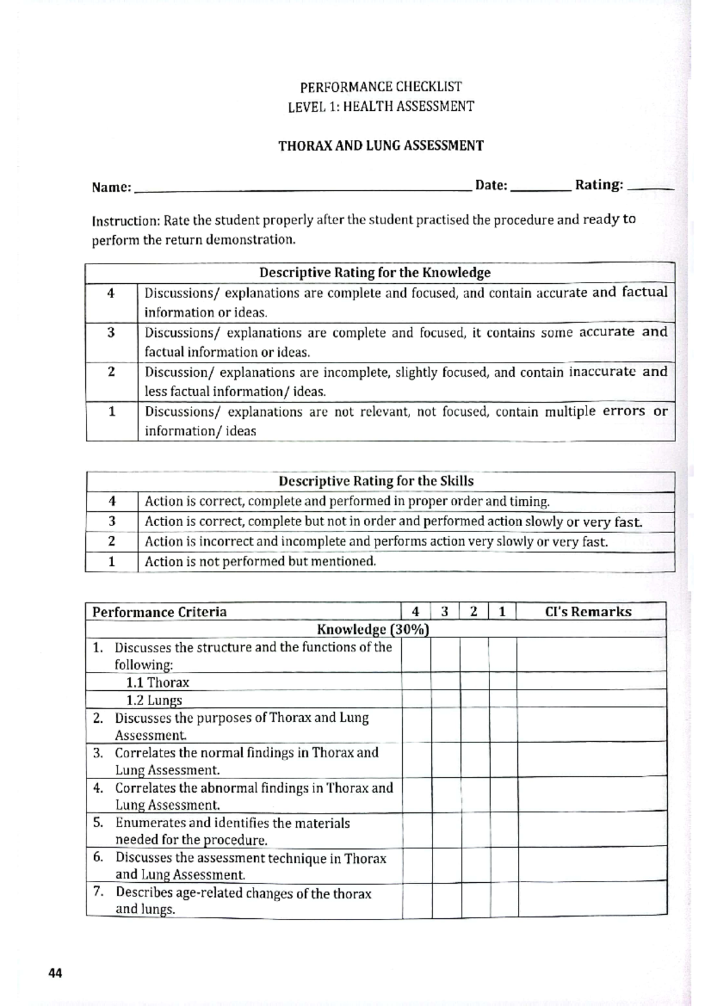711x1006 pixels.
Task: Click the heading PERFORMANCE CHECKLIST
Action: pos(380,87)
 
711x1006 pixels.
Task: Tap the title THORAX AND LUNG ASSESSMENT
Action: pos(381,146)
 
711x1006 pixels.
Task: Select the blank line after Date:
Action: pos(540,187)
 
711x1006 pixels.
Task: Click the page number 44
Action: pos(55,973)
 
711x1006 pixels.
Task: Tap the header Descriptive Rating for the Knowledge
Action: pos(374,273)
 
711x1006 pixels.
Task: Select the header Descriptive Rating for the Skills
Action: pos(376,481)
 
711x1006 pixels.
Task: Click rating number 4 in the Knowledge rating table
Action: pos(111,293)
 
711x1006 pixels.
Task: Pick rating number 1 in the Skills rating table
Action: pos(111,562)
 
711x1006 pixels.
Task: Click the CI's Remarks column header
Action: pos(588,612)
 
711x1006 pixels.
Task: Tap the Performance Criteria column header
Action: pos(159,612)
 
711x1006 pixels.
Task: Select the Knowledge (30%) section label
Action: pos(373,629)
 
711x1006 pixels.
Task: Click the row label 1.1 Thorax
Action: pos(158,683)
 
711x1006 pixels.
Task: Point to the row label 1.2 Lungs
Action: pos(154,700)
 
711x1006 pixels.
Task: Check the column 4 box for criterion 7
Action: pos(417,901)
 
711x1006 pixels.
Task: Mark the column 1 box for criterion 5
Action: pos(504,831)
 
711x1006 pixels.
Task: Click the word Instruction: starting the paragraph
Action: pos(126,221)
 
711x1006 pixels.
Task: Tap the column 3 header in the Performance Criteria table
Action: pos(444,612)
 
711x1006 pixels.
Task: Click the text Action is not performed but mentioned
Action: pos(260,562)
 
